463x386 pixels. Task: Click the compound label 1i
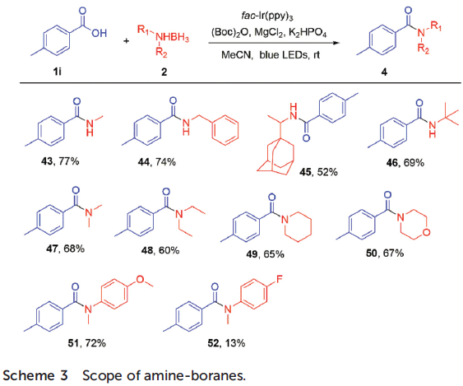[x=58, y=72]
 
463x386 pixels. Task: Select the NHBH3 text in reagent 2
[x=172, y=38]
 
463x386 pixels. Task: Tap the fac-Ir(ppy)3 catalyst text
[x=267, y=16]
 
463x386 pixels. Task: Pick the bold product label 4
[x=384, y=72]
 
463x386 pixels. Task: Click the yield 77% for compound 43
[x=69, y=161]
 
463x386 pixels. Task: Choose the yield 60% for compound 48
[x=169, y=250]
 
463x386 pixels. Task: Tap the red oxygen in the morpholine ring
[x=426, y=233]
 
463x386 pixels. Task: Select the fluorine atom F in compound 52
[x=280, y=279]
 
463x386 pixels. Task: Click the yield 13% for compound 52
[x=235, y=343]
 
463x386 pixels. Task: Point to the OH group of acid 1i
[x=100, y=33]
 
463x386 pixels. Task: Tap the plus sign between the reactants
[x=127, y=40]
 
